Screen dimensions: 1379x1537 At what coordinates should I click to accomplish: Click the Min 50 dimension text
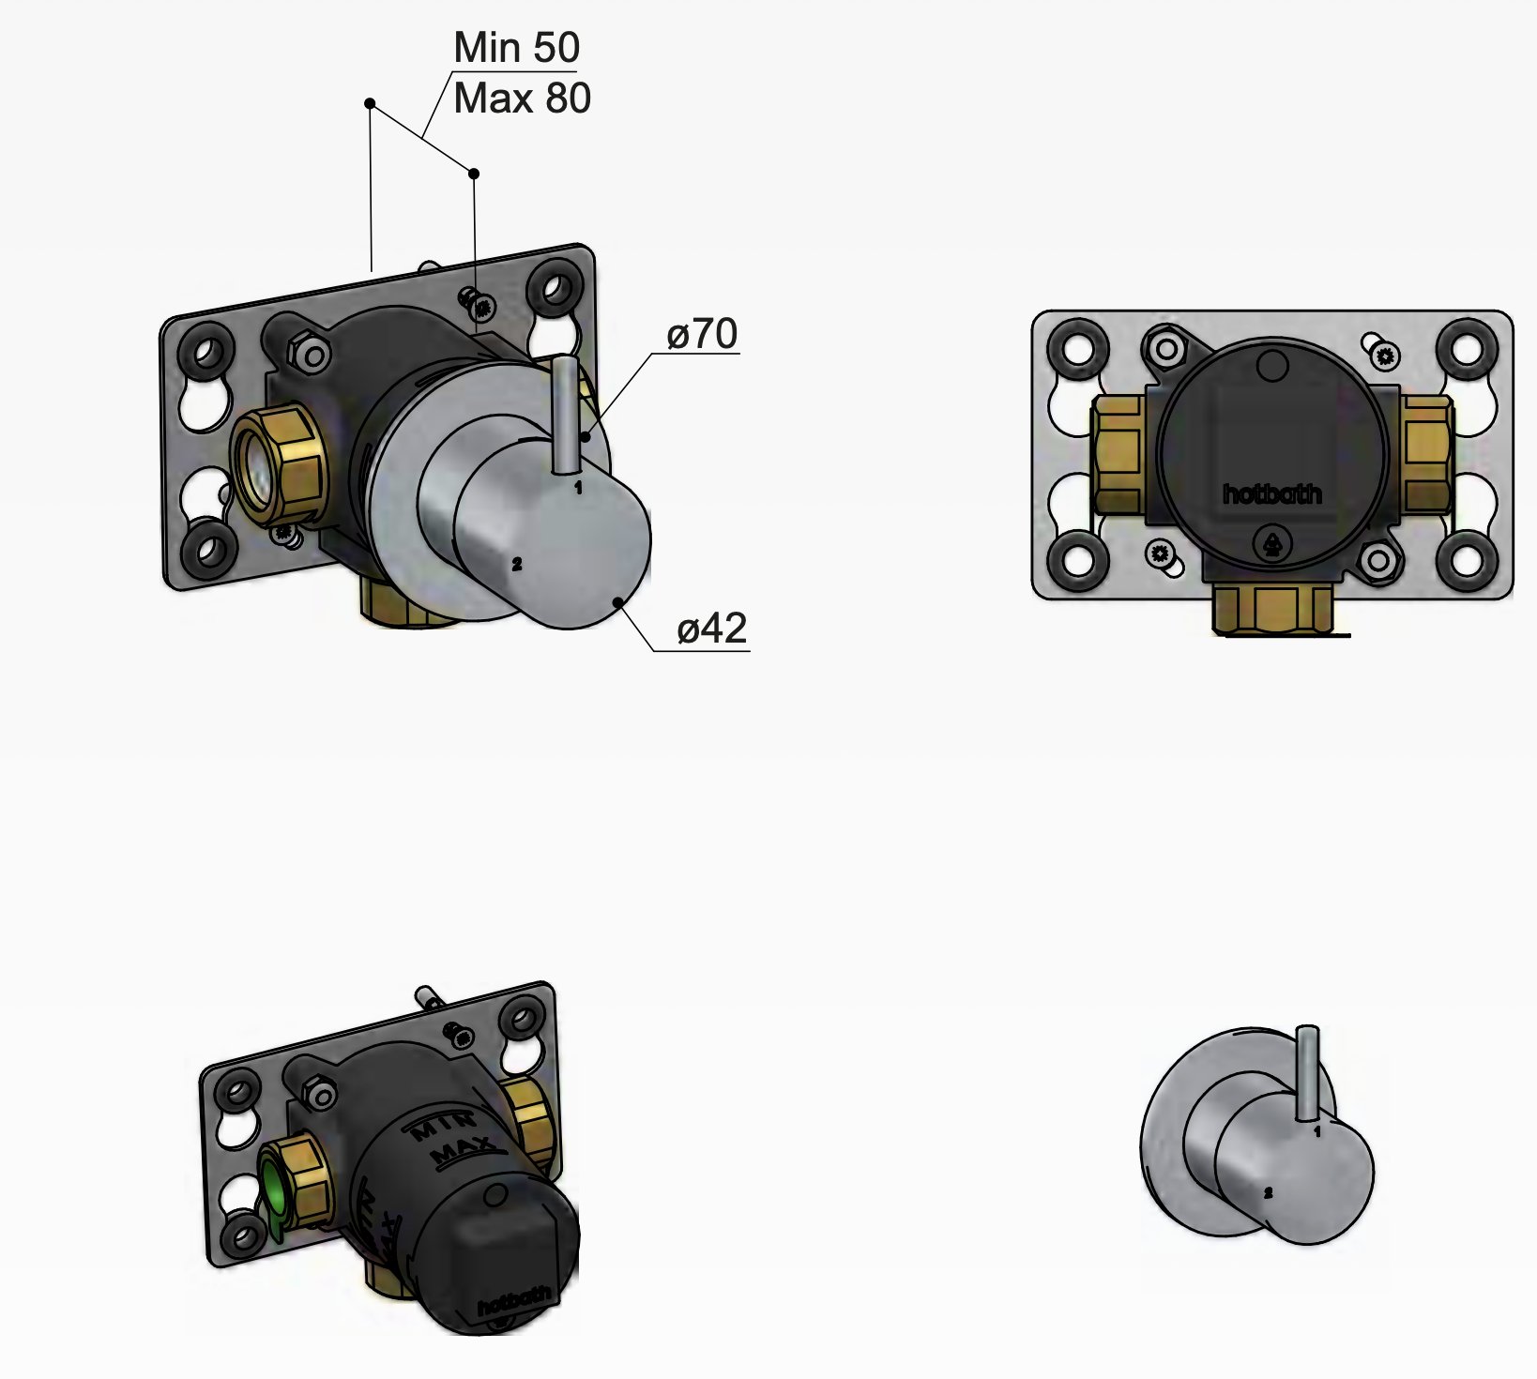(x=516, y=48)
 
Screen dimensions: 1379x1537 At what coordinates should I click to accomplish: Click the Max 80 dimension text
(x=522, y=98)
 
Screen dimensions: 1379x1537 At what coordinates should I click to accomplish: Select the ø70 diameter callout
(x=702, y=334)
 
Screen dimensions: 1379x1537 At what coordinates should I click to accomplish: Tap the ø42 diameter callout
(x=711, y=629)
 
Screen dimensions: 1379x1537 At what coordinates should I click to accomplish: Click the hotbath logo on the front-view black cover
(x=1271, y=493)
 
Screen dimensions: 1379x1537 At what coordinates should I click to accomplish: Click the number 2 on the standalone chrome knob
(x=1268, y=1193)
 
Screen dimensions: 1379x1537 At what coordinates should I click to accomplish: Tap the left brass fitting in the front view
(x=1117, y=454)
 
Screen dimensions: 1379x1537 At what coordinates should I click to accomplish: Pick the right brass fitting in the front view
(x=1427, y=454)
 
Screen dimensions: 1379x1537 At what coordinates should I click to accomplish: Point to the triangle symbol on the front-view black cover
(x=1273, y=543)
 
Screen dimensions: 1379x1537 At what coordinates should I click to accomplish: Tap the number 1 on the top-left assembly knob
(x=578, y=488)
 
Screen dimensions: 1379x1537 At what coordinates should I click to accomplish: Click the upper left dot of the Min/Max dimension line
(x=371, y=103)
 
